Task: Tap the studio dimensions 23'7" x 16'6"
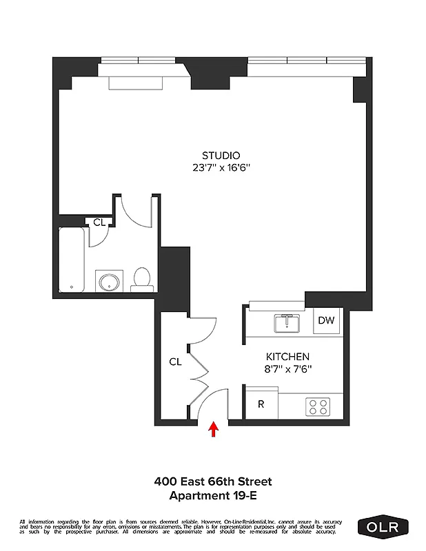[x=221, y=167]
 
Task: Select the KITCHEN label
[x=287, y=357]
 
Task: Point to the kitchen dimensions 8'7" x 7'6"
[x=288, y=368]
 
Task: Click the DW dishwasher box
[x=327, y=320]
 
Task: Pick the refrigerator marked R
[x=261, y=404]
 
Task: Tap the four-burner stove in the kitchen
[x=318, y=406]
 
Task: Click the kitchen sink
[x=285, y=322]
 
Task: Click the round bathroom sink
[x=108, y=282]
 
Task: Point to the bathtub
[x=72, y=258]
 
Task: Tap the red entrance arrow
[x=214, y=430]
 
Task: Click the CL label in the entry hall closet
[x=175, y=362]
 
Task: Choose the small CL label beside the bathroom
[x=99, y=222]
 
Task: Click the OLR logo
[x=383, y=527]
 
